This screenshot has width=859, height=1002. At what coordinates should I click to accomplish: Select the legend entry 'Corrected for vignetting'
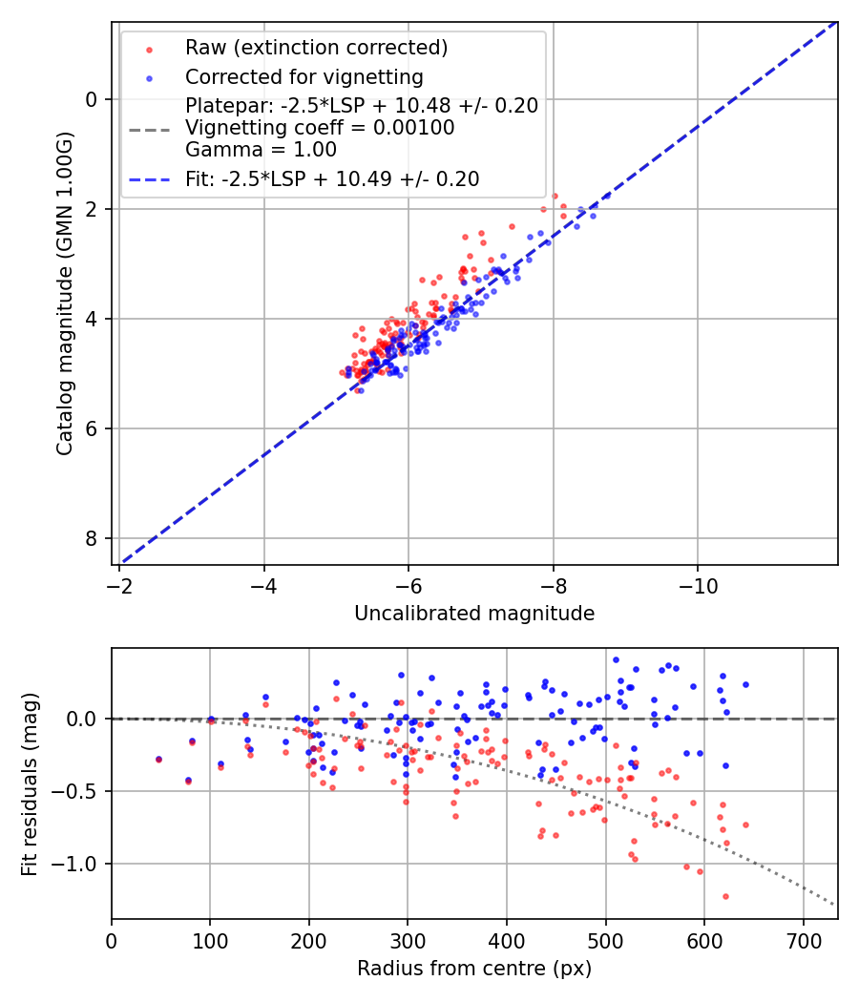point(304,76)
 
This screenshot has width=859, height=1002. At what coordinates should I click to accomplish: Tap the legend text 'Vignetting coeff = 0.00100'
point(320,127)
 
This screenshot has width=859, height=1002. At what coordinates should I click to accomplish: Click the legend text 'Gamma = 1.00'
point(261,149)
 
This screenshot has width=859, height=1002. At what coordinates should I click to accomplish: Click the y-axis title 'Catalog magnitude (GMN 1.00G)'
point(64,291)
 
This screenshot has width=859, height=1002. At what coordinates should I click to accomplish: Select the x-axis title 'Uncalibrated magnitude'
point(474,614)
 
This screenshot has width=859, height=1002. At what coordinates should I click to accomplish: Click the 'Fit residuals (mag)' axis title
point(30,784)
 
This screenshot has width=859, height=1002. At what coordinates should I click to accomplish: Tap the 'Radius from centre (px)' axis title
point(474,969)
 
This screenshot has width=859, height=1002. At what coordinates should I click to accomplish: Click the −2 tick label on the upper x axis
point(120,583)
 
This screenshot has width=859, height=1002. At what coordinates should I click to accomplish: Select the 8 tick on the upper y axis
point(92,538)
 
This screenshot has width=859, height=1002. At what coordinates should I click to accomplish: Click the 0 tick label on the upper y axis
point(92,99)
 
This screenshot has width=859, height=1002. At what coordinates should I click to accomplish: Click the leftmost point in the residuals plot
point(158,760)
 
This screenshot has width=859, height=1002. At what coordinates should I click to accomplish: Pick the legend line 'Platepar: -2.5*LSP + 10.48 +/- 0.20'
point(362,105)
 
